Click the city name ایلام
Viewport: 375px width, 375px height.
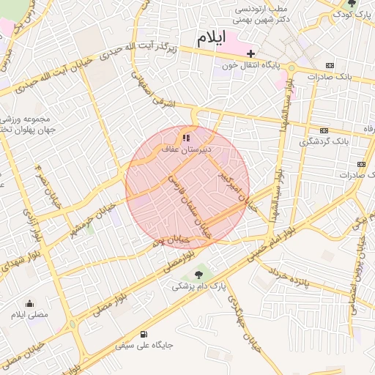pyautogui.click(x=211, y=37)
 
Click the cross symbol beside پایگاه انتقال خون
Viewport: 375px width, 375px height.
pyautogui.click(x=251, y=53)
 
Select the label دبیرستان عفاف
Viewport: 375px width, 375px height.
pyautogui.click(x=187, y=148)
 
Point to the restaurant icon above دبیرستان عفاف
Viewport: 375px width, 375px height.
pyautogui.click(x=186, y=136)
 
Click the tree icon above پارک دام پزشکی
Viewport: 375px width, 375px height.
pyautogui.click(x=199, y=275)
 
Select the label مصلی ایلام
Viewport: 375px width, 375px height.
pyautogui.click(x=29, y=315)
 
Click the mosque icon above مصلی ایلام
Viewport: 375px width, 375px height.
pyautogui.click(x=30, y=303)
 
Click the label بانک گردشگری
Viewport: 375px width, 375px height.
pyautogui.click(x=325, y=141)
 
